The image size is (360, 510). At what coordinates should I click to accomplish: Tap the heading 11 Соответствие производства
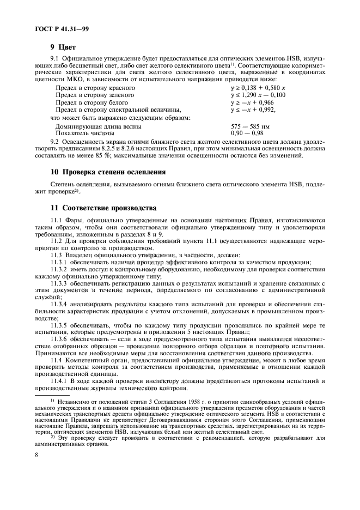[103, 208]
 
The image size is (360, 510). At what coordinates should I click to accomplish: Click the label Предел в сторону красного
[95, 87]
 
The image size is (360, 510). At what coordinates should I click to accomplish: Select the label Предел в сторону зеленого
[95, 95]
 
